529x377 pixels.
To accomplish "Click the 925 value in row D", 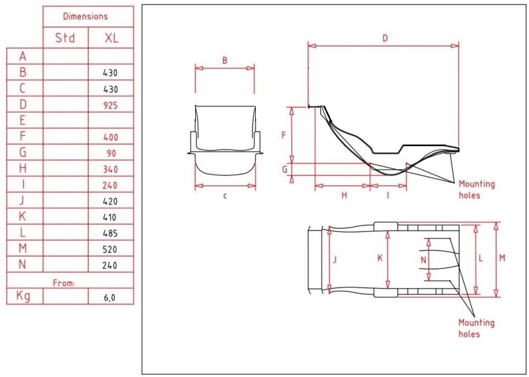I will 111,105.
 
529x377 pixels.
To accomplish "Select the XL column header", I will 111,38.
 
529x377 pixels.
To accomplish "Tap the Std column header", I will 65,38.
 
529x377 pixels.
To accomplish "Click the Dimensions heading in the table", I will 85,16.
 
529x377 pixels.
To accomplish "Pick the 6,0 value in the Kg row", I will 111,297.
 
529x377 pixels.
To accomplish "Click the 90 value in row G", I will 111,153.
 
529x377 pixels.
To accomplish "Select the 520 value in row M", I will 111,250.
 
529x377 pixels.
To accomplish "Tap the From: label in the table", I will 64,283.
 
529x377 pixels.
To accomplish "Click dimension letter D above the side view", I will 385,38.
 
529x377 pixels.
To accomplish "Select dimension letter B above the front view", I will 224,61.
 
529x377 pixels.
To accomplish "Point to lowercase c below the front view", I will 224,196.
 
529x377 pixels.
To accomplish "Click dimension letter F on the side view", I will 284,135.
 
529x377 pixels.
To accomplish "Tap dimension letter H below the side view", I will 344,195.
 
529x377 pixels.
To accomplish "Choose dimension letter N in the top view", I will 423,259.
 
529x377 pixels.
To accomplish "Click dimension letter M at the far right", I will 502,258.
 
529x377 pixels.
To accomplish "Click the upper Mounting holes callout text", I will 477,189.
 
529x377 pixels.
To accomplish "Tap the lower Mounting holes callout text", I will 476,328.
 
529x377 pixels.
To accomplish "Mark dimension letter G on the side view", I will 284,170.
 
